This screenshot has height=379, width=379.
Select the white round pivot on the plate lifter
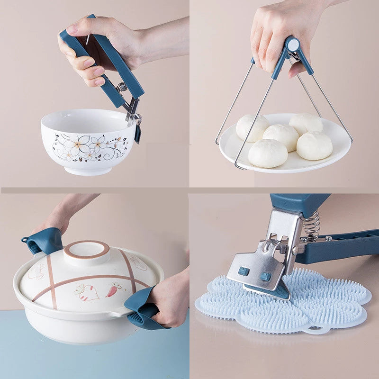pos(293,45)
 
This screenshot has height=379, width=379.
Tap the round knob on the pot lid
pos(87,251)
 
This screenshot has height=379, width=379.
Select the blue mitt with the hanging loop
pos(44,241)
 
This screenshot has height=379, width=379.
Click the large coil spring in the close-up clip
pos(311,226)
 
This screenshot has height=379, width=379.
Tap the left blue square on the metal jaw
pos(244,271)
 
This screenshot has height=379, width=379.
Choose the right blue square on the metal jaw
pos(266,276)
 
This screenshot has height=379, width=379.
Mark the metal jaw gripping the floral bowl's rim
pos(132,114)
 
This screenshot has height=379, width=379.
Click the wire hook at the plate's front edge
pos(239,166)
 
